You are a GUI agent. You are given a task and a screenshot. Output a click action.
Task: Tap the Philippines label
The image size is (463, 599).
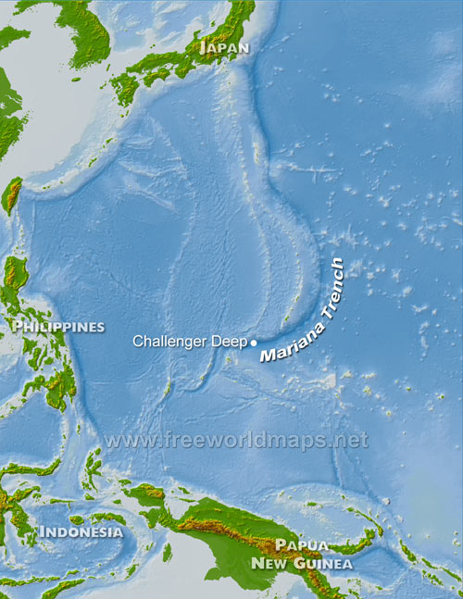(58, 327)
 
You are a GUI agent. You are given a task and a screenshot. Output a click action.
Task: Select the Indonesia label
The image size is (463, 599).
(81, 531)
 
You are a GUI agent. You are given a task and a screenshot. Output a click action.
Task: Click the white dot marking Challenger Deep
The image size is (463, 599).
(254, 343)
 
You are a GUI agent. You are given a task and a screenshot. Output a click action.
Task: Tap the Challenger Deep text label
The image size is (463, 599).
(190, 342)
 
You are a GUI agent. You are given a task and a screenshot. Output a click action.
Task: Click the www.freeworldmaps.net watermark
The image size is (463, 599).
(236, 440)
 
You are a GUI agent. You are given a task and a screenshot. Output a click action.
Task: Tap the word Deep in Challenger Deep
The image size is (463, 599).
(230, 342)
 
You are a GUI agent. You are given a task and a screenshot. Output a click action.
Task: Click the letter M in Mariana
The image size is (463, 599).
(266, 356)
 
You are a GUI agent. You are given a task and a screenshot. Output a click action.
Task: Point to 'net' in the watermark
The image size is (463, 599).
(353, 440)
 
